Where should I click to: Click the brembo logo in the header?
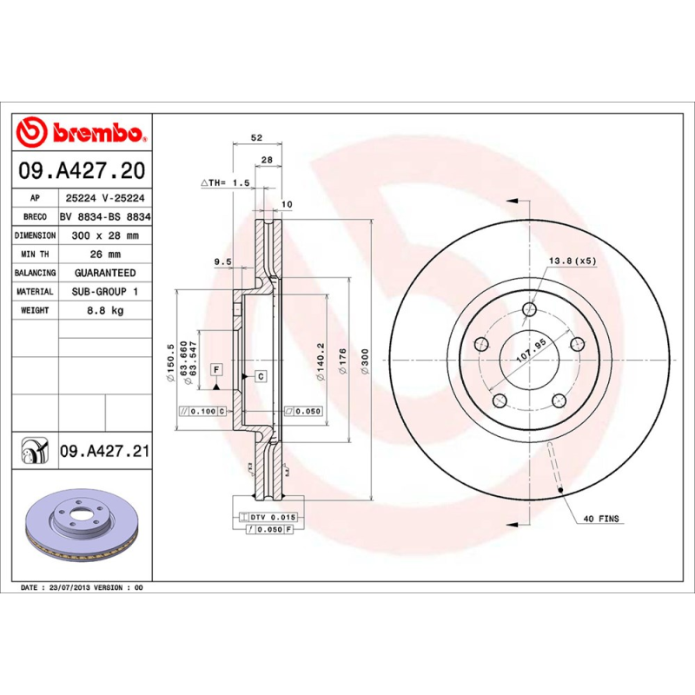click(81, 132)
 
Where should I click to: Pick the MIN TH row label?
click(36, 255)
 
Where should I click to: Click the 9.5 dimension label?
click(222, 261)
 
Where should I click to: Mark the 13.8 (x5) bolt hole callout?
click(572, 261)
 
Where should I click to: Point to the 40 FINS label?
click(602, 519)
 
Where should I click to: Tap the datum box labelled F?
click(215, 369)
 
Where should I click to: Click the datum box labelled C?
click(260, 375)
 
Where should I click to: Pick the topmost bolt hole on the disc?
click(530, 310)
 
